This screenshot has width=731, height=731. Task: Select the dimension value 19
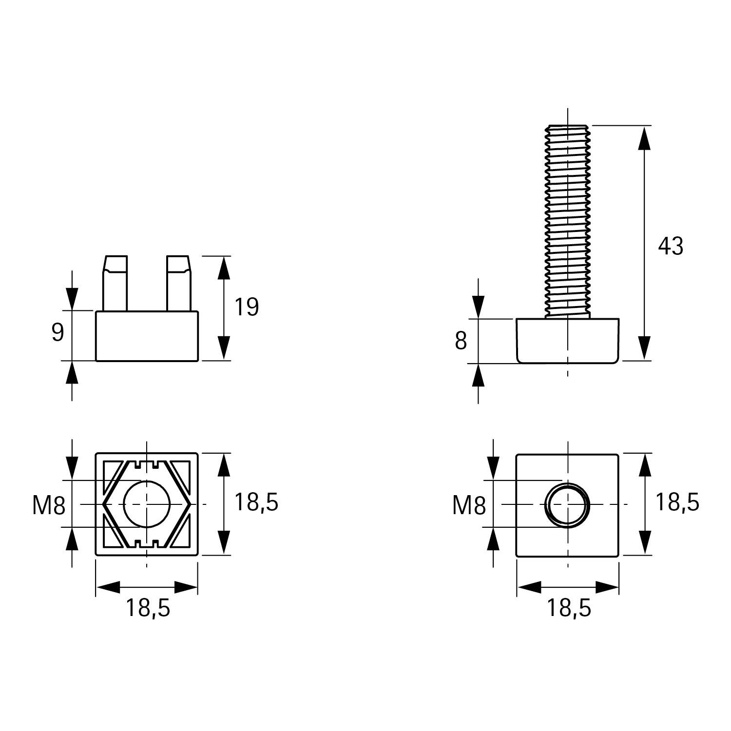click(247, 307)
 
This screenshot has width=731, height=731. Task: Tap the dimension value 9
click(58, 332)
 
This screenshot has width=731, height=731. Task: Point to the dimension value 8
click(461, 341)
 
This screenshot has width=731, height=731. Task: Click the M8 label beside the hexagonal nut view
click(49, 505)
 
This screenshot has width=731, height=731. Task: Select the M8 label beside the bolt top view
click(469, 505)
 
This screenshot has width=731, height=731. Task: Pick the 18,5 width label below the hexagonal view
click(148, 608)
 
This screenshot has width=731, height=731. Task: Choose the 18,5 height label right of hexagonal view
click(256, 502)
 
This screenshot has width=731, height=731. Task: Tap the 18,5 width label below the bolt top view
click(568, 608)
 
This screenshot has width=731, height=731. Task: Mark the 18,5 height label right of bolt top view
click(677, 502)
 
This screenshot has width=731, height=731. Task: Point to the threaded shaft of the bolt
click(568, 219)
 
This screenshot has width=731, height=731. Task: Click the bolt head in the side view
click(568, 341)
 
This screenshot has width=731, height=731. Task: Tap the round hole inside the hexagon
click(147, 504)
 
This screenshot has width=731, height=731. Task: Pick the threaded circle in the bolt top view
click(568, 505)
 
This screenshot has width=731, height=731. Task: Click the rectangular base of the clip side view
click(147, 336)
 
